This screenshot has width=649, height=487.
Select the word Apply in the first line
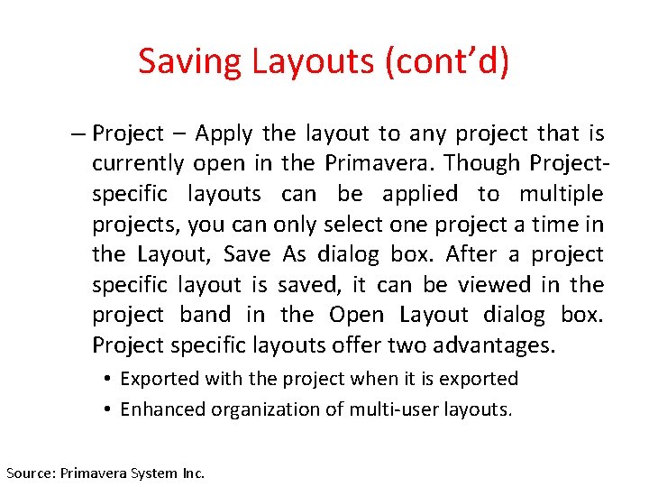point(225,133)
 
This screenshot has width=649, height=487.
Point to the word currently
point(138,164)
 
